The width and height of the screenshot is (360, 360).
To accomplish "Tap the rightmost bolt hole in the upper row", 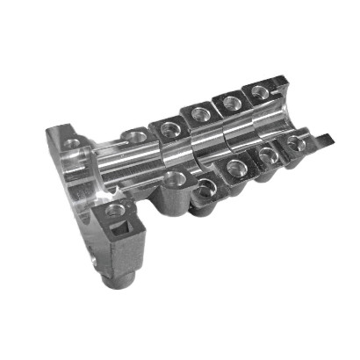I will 259,90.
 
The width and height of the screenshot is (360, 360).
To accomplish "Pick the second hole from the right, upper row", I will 232,103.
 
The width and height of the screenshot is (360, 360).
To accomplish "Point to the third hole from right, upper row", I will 200,113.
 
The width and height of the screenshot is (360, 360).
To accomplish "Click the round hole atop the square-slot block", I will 115,210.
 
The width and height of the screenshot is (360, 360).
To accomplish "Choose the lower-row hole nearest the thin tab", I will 295,141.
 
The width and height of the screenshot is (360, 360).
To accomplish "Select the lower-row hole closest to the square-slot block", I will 175,178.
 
